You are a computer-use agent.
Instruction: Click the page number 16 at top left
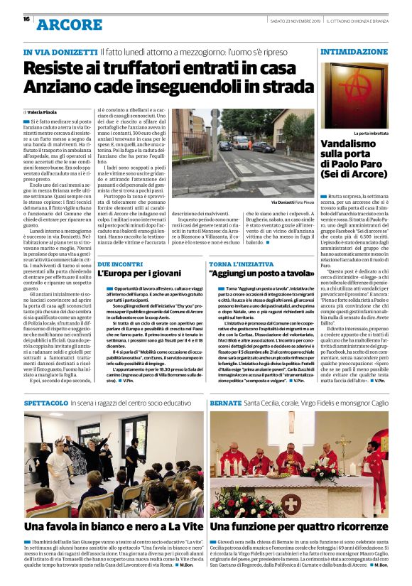(26, 18)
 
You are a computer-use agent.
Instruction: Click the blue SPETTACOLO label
(46, 402)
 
